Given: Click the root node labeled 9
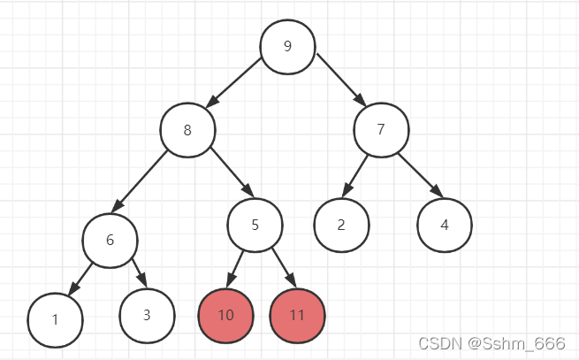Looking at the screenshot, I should [x=287, y=46].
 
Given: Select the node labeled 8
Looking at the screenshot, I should [x=187, y=130].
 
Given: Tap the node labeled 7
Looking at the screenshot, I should [x=381, y=129].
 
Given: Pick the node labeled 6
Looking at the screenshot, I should [x=110, y=240].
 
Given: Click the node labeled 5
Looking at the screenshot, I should [x=255, y=225].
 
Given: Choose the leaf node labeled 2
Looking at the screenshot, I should [x=341, y=224].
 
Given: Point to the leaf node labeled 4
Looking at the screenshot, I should [x=445, y=224].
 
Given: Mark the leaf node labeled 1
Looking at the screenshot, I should [x=55, y=319].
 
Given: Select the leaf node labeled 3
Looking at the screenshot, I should [x=148, y=315].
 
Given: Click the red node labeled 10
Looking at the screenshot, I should [x=225, y=315].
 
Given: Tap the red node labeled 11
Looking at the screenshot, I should [x=297, y=315].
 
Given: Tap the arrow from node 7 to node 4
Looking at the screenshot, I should [x=418, y=174].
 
